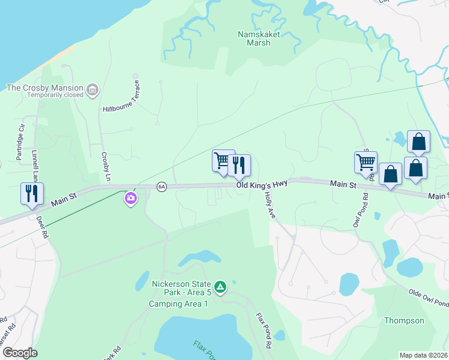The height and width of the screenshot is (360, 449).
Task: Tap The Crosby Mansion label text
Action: click(44, 87)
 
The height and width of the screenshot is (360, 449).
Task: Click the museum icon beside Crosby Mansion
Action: click(92, 91)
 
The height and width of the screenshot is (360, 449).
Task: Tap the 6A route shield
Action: click(161, 187)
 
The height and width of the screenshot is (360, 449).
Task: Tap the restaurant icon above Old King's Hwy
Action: click(239, 165)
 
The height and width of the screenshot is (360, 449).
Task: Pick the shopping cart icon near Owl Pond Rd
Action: click(366, 162)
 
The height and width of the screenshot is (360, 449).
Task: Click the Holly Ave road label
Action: click(268, 205)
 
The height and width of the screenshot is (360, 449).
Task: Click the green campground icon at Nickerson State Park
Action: click(220, 287)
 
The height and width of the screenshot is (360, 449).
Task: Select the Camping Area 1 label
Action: click(178, 304)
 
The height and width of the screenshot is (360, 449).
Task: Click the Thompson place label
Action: click(404, 320)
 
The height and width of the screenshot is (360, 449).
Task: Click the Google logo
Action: click(20, 353)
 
